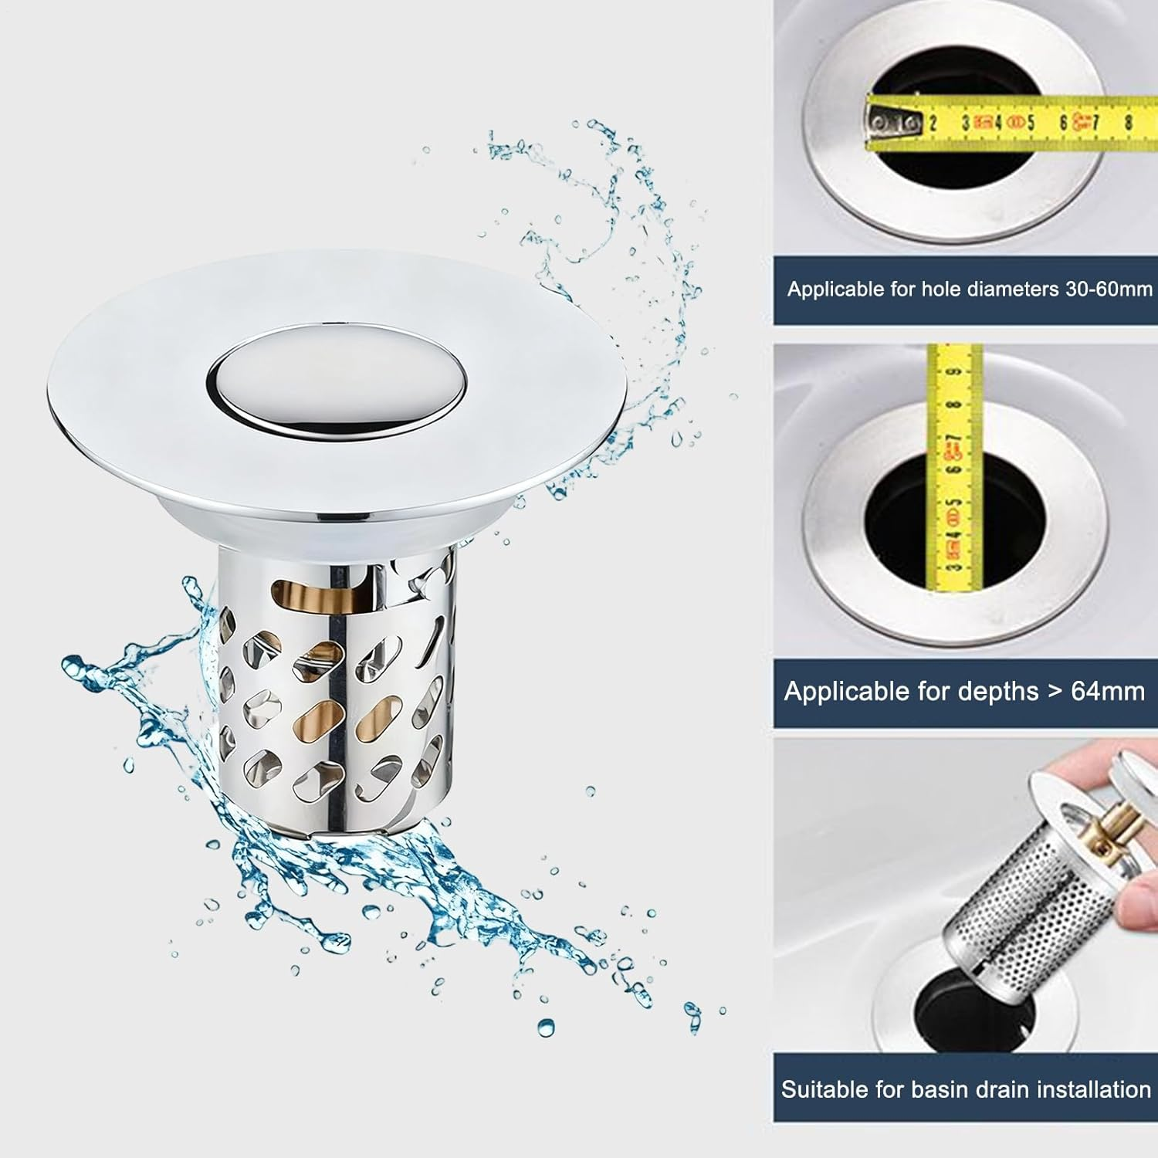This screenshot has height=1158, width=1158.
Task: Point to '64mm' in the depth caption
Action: tap(1108, 691)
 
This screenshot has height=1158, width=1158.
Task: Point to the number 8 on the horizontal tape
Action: tap(1129, 122)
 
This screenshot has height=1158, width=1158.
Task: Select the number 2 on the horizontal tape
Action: tap(933, 122)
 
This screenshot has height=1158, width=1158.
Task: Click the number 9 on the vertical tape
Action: tap(954, 373)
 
